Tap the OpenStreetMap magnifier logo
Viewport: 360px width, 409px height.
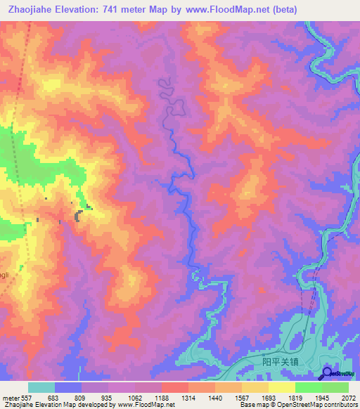(327, 373)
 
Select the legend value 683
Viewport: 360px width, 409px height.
(54, 398)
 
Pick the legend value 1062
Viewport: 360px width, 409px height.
(135, 398)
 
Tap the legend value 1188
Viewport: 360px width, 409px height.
(162, 398)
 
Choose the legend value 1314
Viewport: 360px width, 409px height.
(188, 398)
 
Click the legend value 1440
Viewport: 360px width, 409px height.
(215, 398)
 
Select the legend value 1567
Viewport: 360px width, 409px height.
(242, 398)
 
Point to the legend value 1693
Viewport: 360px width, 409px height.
(269, 398)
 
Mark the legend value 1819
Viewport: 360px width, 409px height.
(295, 398)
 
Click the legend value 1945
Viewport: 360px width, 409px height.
(322, 398)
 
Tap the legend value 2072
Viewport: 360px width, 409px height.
(349, 398)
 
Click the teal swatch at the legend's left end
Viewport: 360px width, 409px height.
(41, 387)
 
